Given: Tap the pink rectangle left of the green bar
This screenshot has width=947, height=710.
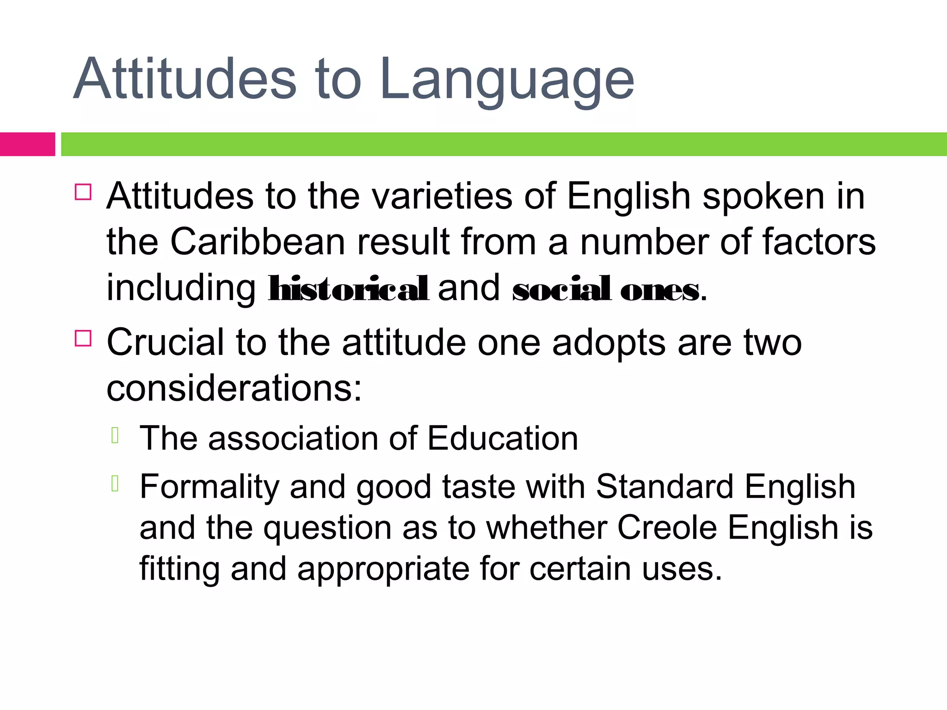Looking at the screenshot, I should pos(27,144).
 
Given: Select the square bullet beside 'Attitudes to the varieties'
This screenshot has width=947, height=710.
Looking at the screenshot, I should pos(83,191).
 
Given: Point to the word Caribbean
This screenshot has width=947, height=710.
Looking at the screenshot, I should pos(258,242).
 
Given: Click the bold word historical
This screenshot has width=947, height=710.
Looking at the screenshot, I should pos(349,288).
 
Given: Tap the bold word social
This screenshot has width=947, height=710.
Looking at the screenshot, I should pos(561,289).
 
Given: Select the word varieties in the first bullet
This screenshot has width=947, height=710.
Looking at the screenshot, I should pos(442,196).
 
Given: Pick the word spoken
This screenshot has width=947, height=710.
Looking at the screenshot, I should pos(763,196).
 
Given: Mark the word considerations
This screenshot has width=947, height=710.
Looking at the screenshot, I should pos(234,388).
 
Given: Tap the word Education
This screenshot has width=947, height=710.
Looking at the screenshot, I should pos(502,438).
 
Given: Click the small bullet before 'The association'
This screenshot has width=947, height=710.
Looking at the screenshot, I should pos(116,435).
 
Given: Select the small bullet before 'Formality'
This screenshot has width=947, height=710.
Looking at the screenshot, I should pos(116,484).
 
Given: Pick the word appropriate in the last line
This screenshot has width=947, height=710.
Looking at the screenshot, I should pos(383,569).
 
